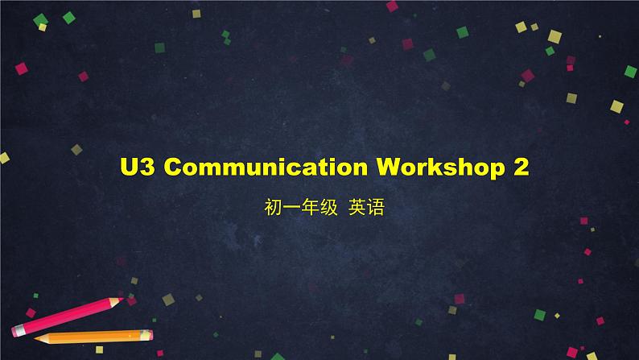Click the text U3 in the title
138,167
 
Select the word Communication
266,167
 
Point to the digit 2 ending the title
521,167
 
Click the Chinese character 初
273,207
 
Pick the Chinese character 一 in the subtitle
291,208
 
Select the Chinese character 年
310,207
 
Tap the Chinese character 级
328,207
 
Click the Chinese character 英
357,207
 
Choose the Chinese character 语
375,207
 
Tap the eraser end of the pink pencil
16,331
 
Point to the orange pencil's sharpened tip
35,338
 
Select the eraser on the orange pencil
149,335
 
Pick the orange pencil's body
94,337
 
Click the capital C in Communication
174,167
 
